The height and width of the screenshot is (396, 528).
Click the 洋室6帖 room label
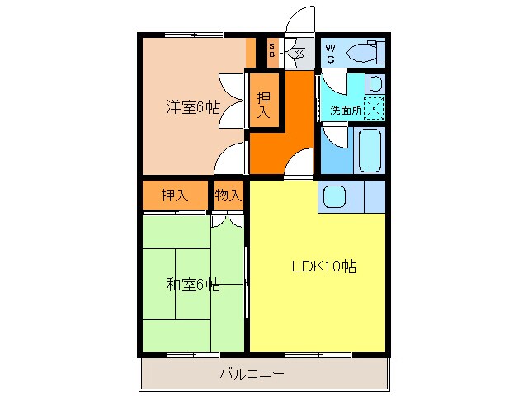pos(193,106)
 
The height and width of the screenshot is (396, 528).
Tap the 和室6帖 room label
pos(193,285)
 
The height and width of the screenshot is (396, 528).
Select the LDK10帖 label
pos(323,267)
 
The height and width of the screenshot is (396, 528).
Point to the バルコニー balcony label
pos(252,374)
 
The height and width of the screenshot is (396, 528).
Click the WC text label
pos(330,53)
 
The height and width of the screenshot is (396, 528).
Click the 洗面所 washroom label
pos(346,109)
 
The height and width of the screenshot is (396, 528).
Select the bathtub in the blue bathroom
pos(370,149)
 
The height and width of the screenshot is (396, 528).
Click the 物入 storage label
pos(228,196)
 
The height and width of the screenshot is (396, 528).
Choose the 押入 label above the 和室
pos(173,196)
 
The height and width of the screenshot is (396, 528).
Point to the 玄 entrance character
pos(298,54)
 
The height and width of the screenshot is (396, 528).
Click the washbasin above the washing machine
pos(375,84)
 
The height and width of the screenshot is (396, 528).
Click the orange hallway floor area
pos(280,148)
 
